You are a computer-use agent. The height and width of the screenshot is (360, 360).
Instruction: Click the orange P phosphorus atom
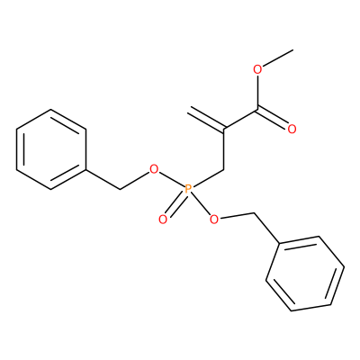pyautogui.click(x=188, y=189)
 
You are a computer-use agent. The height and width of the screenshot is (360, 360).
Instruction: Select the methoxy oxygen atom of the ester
pyautogui.click(x=257, y=70)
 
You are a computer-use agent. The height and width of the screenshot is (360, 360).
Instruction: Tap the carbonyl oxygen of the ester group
pyautogui.click(x=292, y=130)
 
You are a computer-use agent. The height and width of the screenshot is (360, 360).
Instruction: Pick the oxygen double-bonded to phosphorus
pyautogui.click(x=163, y=220)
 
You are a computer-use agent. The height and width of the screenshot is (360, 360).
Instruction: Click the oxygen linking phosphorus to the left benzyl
pyautogui.click(x=154, y=169)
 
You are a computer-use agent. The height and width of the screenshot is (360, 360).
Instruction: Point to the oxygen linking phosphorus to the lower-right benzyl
pyautogui.click(x=213, y=220)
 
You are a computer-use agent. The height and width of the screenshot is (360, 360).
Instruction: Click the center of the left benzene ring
pyautogui.click(x=51, y=149)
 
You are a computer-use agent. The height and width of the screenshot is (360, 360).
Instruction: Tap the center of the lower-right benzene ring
pyautogui.click(x=305, y=274)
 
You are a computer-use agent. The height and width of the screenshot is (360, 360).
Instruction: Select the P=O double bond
pyautogui.click(x=175, y=205)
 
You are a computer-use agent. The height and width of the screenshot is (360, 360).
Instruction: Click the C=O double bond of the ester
pyautogui.click(x=273, y=118)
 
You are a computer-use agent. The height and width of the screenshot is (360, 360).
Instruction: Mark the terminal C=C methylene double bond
pyautogui.click(x=206, y=119)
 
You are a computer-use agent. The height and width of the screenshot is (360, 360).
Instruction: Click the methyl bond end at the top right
pyautogui.click(x=292, y=49)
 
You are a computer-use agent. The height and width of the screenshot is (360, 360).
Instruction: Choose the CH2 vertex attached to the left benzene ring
pyautogui.click(x=121, y=189)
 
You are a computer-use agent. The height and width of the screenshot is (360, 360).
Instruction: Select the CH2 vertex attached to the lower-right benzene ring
pyautogui.click(x=255, y=213)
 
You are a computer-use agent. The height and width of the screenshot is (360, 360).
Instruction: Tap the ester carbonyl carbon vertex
pyautogui.click(x=257, y=110)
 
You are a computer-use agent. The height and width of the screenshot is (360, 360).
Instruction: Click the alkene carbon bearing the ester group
pyautogui.click(x=224, y=130)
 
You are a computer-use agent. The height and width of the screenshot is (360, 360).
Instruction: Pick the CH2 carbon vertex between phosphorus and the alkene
pyautogui.click(x=224, y=169)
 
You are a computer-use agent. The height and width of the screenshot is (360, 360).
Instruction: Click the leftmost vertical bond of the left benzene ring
pyautogui.click(x=17, y=149)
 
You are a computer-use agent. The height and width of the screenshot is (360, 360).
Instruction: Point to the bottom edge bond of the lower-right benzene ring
pyautogui.click(x=311, y=308)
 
